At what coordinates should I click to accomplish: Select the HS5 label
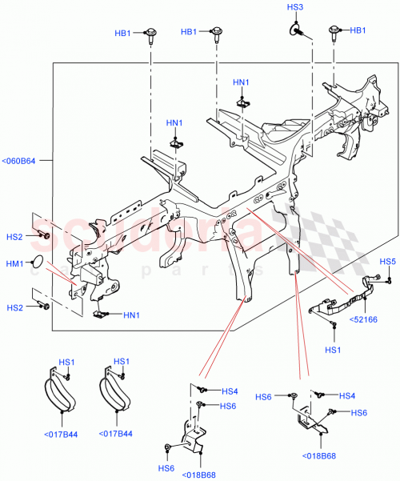click(x=387, y=262)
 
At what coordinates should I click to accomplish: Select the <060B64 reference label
click(x=18, y=162)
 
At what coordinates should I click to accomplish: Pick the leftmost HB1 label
click(x=123, y=31)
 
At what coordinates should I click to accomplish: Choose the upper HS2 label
click(x=14, y=237)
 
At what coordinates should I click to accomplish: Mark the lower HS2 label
click(x=14, y=307)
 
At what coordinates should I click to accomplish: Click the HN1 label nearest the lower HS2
click(x=131, y=315)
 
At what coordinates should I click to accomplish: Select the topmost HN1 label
click(x=241, y=82)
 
